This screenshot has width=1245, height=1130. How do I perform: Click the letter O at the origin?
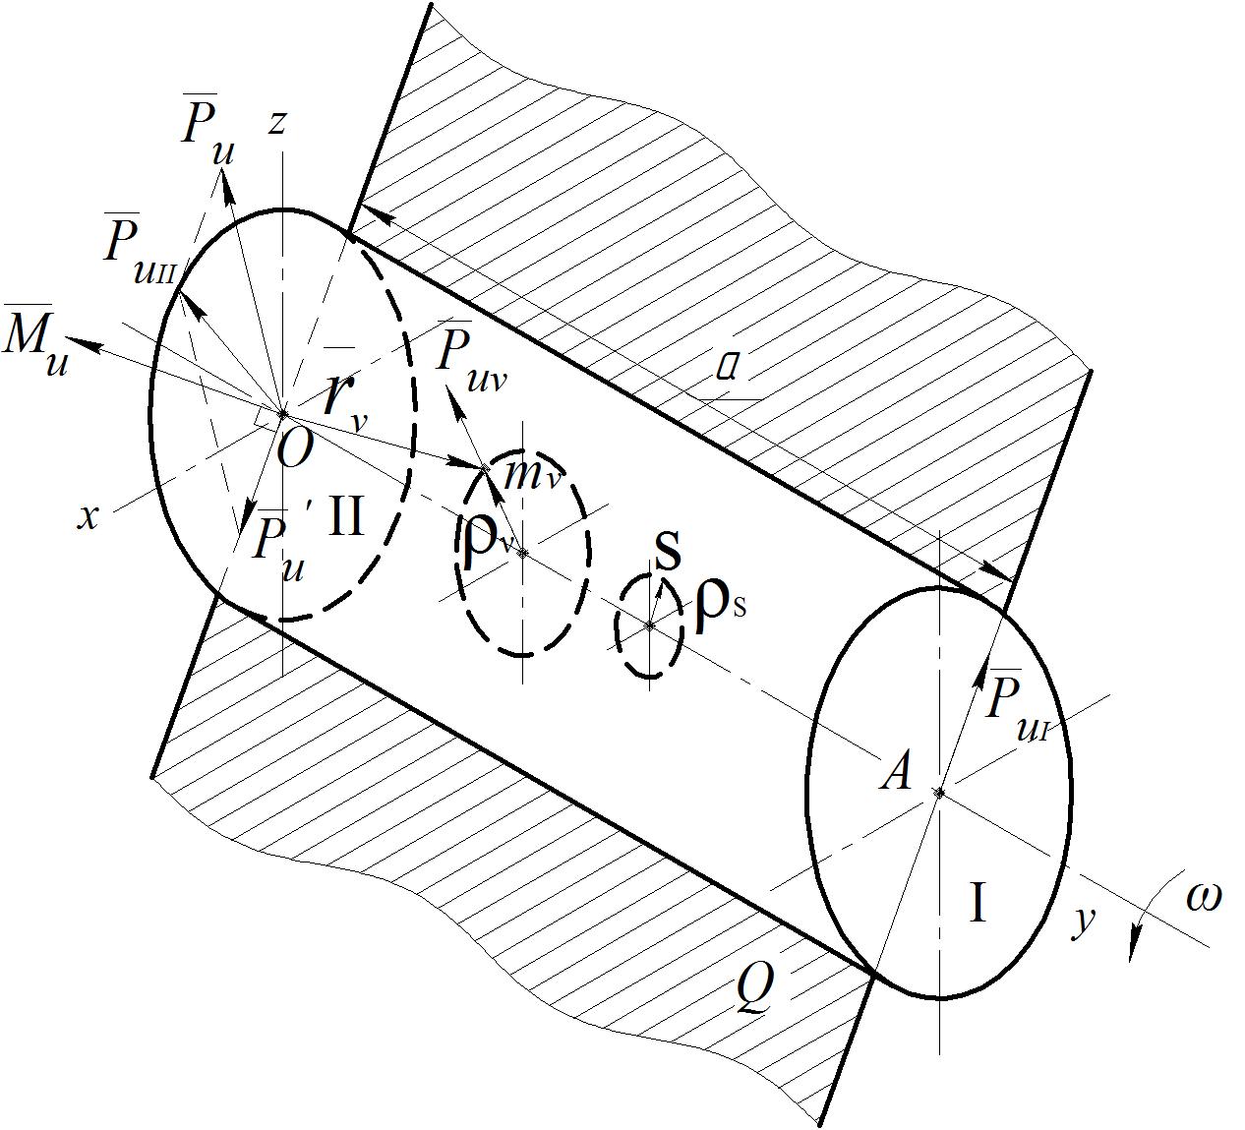295,449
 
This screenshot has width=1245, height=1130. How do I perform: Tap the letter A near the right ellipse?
896,772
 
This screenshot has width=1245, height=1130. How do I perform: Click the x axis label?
89,517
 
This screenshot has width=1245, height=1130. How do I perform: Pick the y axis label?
1083,921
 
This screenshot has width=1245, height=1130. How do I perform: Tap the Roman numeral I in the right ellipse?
978,903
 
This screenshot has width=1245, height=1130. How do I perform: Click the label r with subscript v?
345,398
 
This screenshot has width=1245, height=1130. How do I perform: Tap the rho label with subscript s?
719,607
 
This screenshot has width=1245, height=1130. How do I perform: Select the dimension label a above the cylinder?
728,368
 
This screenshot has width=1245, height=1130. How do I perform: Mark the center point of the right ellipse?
940,792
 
